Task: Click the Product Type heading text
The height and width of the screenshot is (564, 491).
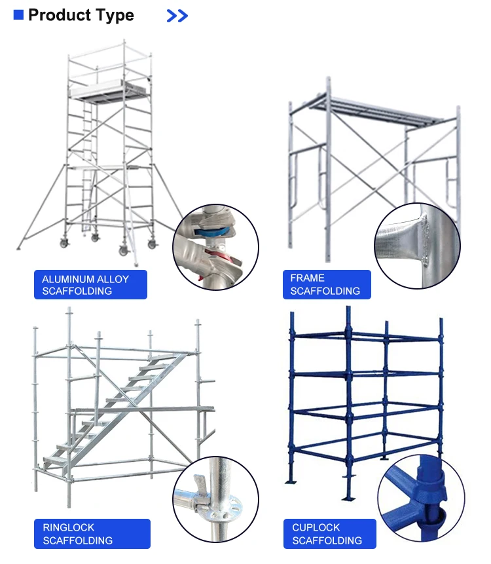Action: coord(81,16)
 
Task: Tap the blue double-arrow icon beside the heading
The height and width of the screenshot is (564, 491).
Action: coord(177,16)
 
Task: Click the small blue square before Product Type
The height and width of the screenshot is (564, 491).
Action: coord(18,14)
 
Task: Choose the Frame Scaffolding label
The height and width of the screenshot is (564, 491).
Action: coord(326,285)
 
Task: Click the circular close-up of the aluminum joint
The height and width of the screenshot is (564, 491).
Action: coord(215,246)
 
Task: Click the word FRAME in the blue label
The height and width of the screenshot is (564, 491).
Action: coord(308,278)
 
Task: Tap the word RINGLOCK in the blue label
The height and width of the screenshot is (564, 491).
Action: coord(69,527)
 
